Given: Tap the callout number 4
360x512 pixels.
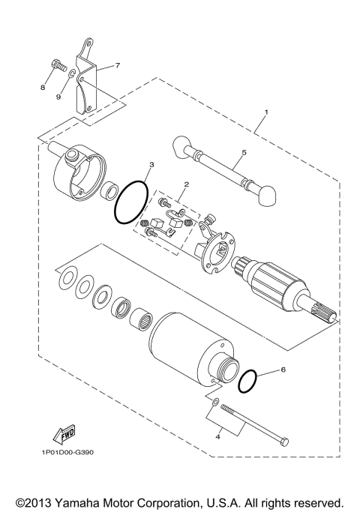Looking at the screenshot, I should (217, 436).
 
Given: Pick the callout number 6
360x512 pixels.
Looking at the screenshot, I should (283, 370).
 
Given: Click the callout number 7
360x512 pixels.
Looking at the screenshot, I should (117, 66).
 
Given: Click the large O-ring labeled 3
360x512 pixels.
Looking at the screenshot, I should (131, 202).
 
